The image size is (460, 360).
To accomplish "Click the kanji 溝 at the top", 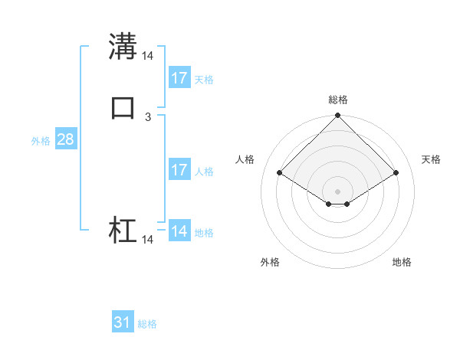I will click(123, 45).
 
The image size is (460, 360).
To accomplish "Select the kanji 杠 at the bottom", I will click(123, 231).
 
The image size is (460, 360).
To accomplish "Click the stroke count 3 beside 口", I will click(148, 117).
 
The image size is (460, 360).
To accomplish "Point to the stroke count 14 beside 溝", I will click(148, 56).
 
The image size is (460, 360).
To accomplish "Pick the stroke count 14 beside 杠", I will click(148, 240).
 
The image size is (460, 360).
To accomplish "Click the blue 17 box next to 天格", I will click(179, 78).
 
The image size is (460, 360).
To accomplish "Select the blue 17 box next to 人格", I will click(179, 170).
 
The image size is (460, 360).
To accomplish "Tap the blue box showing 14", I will click(179, 231).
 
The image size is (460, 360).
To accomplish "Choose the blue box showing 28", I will click(65, 139).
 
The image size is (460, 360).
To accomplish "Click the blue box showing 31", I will click(123, 322).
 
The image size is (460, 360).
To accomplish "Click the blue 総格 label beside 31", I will click(147, 324).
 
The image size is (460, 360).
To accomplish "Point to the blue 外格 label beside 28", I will click(41, 141).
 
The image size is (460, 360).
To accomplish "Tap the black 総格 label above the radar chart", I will click(338, 100).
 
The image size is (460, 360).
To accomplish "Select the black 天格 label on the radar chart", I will click(431, 159).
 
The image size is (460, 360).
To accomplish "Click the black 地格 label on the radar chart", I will click(402, 262).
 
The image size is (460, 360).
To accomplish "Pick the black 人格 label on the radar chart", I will click(245, 159).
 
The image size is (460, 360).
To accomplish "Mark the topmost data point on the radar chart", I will click(338, 116).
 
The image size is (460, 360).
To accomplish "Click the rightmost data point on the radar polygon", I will click(396, 172).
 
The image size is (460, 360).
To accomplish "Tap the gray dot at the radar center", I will click(338, 191).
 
